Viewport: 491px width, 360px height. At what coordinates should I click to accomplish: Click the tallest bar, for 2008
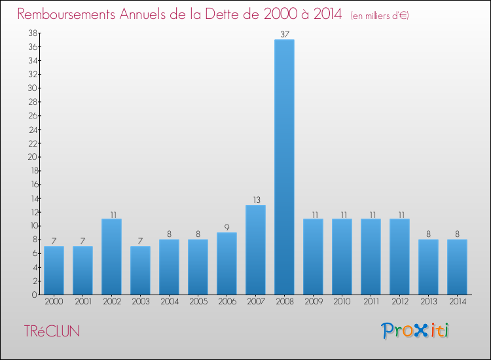[284, 167]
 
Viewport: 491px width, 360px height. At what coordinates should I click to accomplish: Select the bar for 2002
[111, 257]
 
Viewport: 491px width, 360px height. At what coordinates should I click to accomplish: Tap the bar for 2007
[255, 250]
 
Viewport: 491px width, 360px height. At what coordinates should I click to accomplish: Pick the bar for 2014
[457, 267]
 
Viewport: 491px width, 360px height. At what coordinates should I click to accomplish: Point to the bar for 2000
[54, 270]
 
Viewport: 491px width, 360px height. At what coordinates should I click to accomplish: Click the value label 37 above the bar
[284, 34]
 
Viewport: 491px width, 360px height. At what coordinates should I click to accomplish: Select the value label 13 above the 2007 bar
[255, 200]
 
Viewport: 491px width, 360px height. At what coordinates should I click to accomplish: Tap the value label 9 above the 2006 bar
[227, 227]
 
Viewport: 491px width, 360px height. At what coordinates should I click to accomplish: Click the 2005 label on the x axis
[198, 302]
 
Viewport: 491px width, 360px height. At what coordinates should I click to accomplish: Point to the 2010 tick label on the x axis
[342, 302]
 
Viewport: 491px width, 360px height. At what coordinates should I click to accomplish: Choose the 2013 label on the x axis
[428, 302]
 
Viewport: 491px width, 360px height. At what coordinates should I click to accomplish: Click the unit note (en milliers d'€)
[380, 15]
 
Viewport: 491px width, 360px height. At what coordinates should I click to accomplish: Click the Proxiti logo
[416, 331]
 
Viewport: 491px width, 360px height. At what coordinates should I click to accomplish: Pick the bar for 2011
[371, 257]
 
